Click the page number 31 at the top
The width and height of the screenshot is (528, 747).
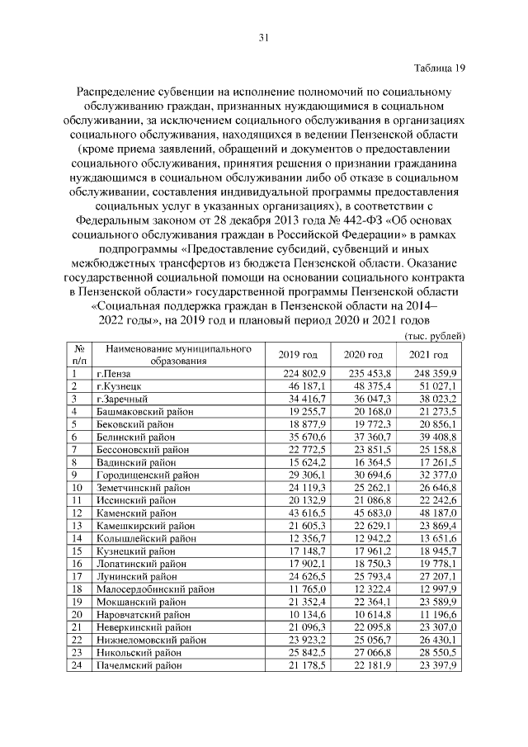click(264, 37)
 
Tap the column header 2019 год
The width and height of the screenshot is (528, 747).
click(299, 355)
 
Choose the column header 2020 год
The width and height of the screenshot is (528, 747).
click(363, 355)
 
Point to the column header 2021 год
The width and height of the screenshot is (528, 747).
click(428, 355)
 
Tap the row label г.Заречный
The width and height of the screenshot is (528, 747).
click(120, 399)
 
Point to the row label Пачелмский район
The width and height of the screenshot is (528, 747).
click(138, 665)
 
